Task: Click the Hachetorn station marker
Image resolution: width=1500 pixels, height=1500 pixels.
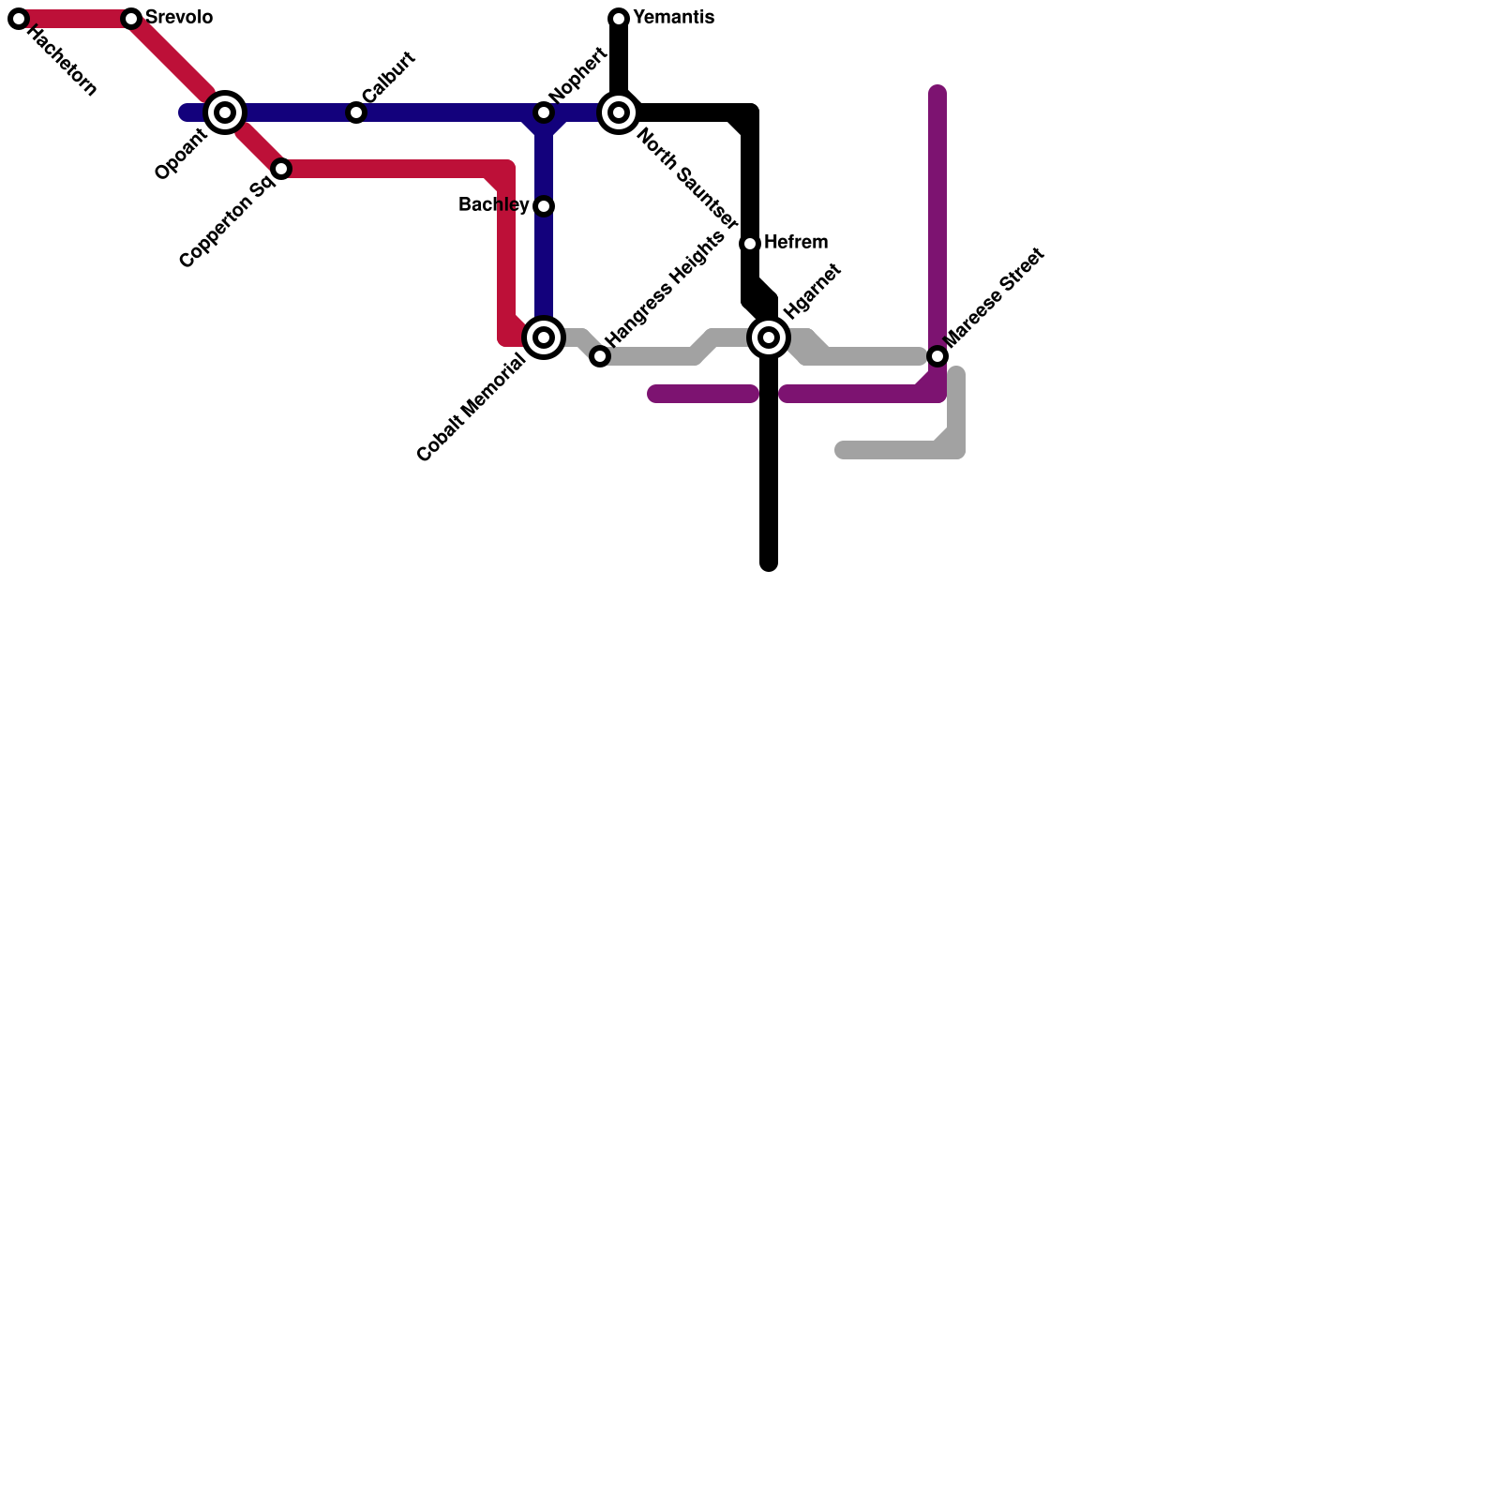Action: click(x=19, y=19)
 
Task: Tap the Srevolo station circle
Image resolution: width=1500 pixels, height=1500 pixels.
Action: click(x=131, y=19)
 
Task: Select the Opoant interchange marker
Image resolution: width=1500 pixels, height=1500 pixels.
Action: click(x=225, y=112)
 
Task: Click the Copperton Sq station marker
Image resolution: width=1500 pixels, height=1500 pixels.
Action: click(x=281, y=169)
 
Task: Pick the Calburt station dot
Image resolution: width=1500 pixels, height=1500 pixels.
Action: click(x=356, y=112)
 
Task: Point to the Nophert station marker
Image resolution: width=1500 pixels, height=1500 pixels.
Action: click(x=544, y=112)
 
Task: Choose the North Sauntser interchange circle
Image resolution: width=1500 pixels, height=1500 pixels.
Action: click(x=619, y=112)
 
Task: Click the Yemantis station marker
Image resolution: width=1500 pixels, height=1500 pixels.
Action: click(x=619, y=19)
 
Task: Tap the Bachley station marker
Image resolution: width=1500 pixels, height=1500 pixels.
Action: click(x=544, y=206)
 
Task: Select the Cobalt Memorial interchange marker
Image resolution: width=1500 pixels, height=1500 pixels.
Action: click(x=544, y=337)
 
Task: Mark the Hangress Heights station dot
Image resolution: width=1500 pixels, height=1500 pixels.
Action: click(x=600, y=356)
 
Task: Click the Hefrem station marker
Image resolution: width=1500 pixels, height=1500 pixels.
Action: click(x=750, y=244)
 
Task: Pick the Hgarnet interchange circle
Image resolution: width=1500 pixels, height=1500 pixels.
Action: click(x=769, y=337)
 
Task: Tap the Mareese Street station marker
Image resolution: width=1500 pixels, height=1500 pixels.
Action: click(x=937, y=356)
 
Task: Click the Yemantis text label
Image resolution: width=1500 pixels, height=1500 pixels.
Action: click(x=673, y=18)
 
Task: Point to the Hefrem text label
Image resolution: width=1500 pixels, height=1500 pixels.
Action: click(x=795, y=243)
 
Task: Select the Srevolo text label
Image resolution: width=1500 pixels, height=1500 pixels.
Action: click(x=179, y=18)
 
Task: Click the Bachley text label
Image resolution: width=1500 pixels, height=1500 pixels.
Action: click(x=493, y=205)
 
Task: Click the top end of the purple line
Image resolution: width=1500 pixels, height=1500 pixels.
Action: click(x=937, y=92)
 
